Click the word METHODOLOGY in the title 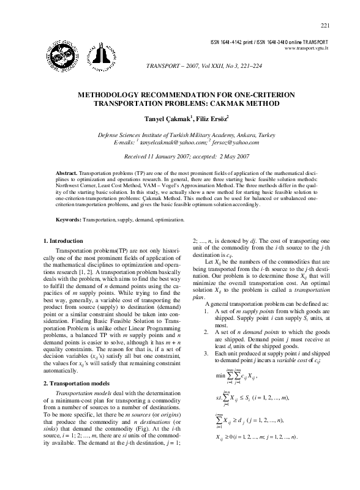click(x=114, y=95)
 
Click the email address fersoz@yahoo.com click(x=234, y=142)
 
